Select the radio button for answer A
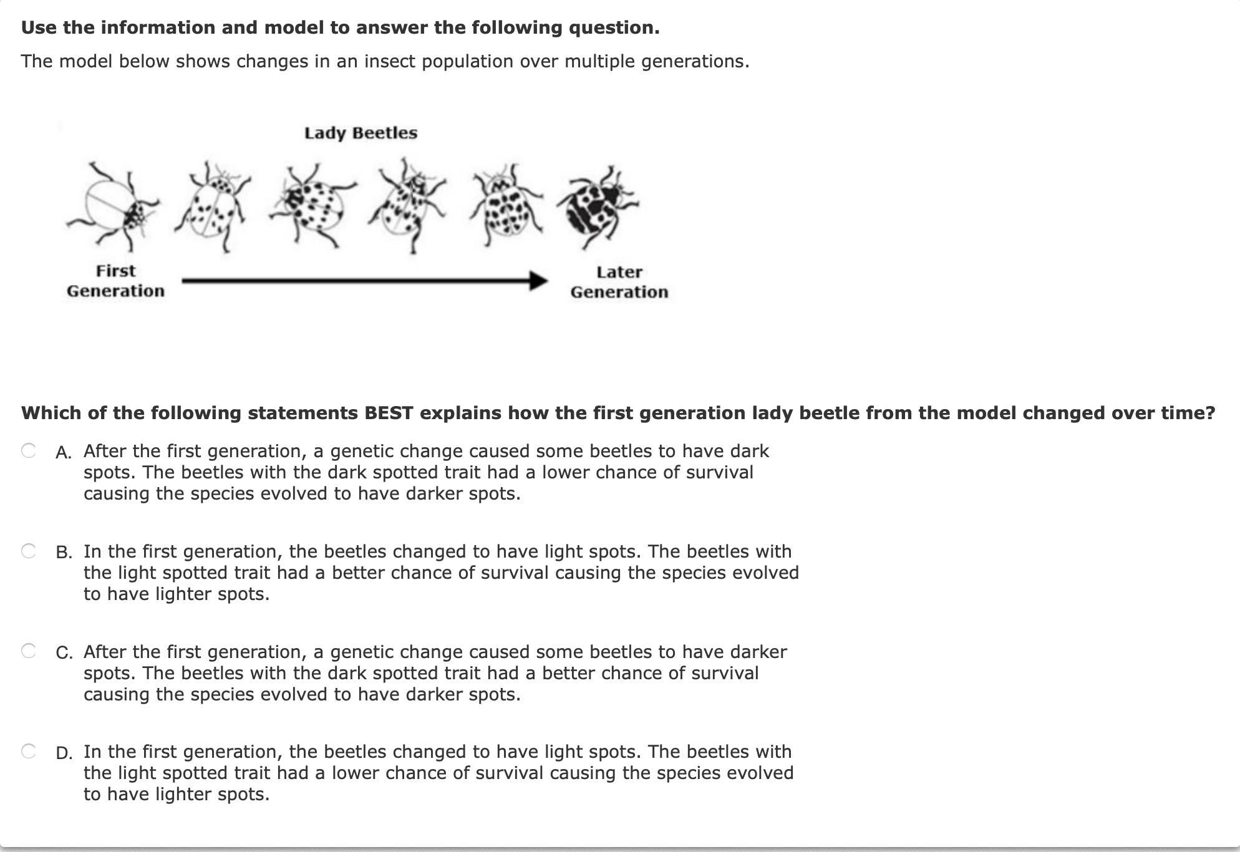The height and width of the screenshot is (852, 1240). click(29, 450)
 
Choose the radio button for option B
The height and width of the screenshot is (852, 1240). click(29, 551)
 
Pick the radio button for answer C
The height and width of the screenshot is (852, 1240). click(29, 651)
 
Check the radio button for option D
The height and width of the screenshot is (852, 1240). click(29, 751)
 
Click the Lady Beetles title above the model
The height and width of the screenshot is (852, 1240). click(361, 133)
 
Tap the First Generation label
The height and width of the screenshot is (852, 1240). click(115, 281)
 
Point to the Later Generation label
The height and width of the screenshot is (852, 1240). click(619, 282)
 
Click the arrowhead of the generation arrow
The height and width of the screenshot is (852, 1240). click(538, 281)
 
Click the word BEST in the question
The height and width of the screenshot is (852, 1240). click(389, 413)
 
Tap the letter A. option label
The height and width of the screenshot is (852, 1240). click(64, 452)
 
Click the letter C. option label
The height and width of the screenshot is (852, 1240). click(64, 653)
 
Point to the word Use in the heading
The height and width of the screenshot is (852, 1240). click(39, 27)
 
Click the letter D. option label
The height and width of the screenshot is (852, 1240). click(64, 753)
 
